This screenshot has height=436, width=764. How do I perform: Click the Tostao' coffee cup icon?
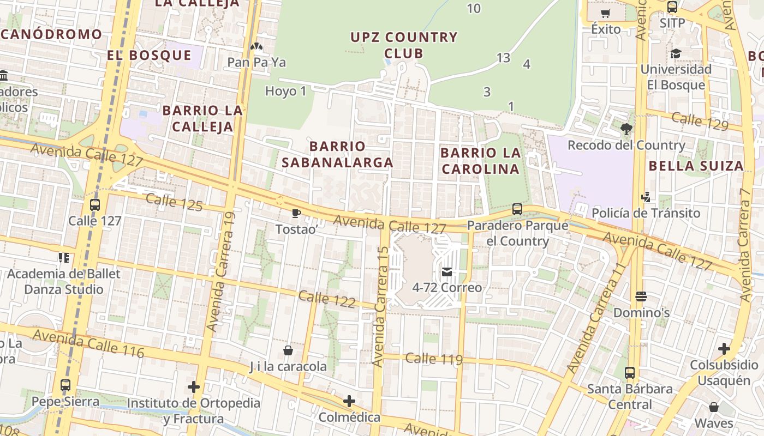296,213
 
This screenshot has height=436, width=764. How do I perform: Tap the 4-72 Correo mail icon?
447,271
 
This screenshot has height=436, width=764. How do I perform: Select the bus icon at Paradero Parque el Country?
517,209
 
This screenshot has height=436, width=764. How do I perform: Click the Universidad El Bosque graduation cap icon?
676,53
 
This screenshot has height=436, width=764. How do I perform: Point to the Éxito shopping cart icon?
606,14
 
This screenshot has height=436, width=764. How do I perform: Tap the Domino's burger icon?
641,296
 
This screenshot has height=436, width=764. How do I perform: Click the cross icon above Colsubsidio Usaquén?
724,348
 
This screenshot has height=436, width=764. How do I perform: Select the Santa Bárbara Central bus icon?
630,373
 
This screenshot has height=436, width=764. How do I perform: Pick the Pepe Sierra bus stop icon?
65,385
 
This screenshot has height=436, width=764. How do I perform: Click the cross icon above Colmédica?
349,402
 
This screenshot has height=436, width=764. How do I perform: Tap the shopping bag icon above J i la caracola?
288,350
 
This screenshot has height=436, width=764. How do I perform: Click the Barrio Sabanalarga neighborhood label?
337,154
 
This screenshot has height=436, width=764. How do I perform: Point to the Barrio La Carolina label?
481,160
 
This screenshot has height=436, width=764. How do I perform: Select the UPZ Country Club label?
404,45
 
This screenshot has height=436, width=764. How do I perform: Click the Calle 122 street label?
327,299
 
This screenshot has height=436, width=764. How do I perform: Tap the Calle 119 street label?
434,359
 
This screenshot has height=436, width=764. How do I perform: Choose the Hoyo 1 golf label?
286,91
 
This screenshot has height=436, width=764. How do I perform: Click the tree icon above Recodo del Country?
626,129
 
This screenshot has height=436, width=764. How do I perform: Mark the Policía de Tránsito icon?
646,197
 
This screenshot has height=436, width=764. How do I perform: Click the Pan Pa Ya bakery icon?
256,46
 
